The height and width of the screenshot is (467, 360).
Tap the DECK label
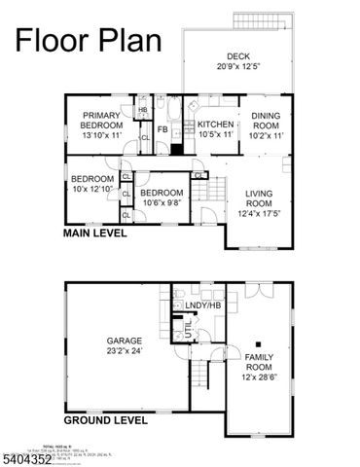coord(239,55)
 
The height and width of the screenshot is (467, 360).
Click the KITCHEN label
coord(216,125)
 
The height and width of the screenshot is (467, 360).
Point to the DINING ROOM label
coord(267,121)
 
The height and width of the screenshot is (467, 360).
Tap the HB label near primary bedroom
coord(142,110)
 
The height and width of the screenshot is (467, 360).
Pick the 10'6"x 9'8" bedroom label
coord(162,198)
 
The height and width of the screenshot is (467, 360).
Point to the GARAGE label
coord(125,341)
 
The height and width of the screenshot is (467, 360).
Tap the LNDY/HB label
coord(201,306)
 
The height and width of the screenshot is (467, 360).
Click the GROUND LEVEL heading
coord(105,420)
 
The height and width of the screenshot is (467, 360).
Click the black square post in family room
coord(258,343)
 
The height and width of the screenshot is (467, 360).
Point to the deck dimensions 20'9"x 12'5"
coord(239,67)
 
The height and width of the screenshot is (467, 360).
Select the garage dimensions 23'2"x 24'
coord(125,351)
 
